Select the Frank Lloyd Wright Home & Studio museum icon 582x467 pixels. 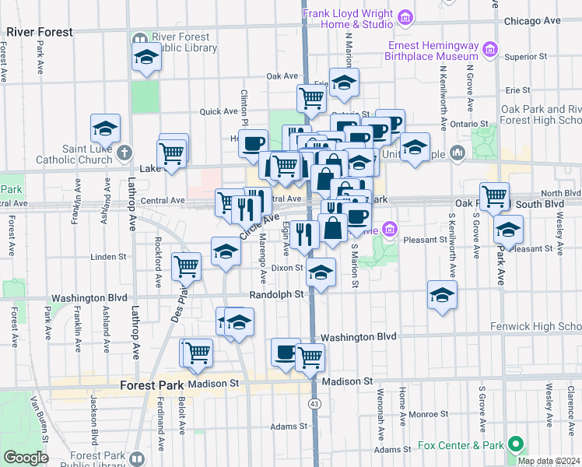(405, 17)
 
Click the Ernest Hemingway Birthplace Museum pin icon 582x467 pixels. (490, 50)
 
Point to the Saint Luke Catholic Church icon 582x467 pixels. (127, 150)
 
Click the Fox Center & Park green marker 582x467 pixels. (514, 445)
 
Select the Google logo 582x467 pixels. (25, 458)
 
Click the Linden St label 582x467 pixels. (108, 256)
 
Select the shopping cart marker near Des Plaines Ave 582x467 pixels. (187, 267)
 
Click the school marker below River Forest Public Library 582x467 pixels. (145, 58)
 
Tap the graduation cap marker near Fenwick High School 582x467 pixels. (442, 296)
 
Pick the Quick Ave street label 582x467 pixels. (217, 111)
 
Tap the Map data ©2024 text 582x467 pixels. (547, 461)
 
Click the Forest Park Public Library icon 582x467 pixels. (138, 458)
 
